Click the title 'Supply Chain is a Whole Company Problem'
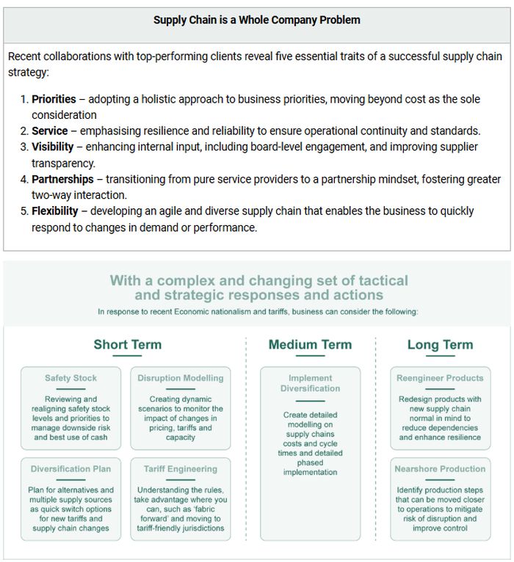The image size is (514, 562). tap(257, 20)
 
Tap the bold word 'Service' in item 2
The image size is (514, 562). tap(50, 131)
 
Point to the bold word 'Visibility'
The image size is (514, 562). tap(53, 147)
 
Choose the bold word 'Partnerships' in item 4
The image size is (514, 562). tap(62, 179)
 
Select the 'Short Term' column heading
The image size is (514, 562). tap(128, 345)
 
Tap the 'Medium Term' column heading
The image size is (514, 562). tap(310, 345)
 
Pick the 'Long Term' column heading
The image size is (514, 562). tap(440, 345)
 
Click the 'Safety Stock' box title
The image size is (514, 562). tap(70, 379)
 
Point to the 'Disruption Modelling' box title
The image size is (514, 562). tap(181, 379)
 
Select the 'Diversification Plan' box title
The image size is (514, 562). tap(70, 469)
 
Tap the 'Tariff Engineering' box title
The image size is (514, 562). tap(181, 469)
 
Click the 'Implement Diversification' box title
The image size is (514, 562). tap(310, 383)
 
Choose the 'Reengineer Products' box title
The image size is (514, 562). tap(440, 379)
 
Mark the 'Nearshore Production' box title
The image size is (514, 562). tap(440, 469)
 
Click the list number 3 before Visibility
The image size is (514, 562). tap(23, 147)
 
